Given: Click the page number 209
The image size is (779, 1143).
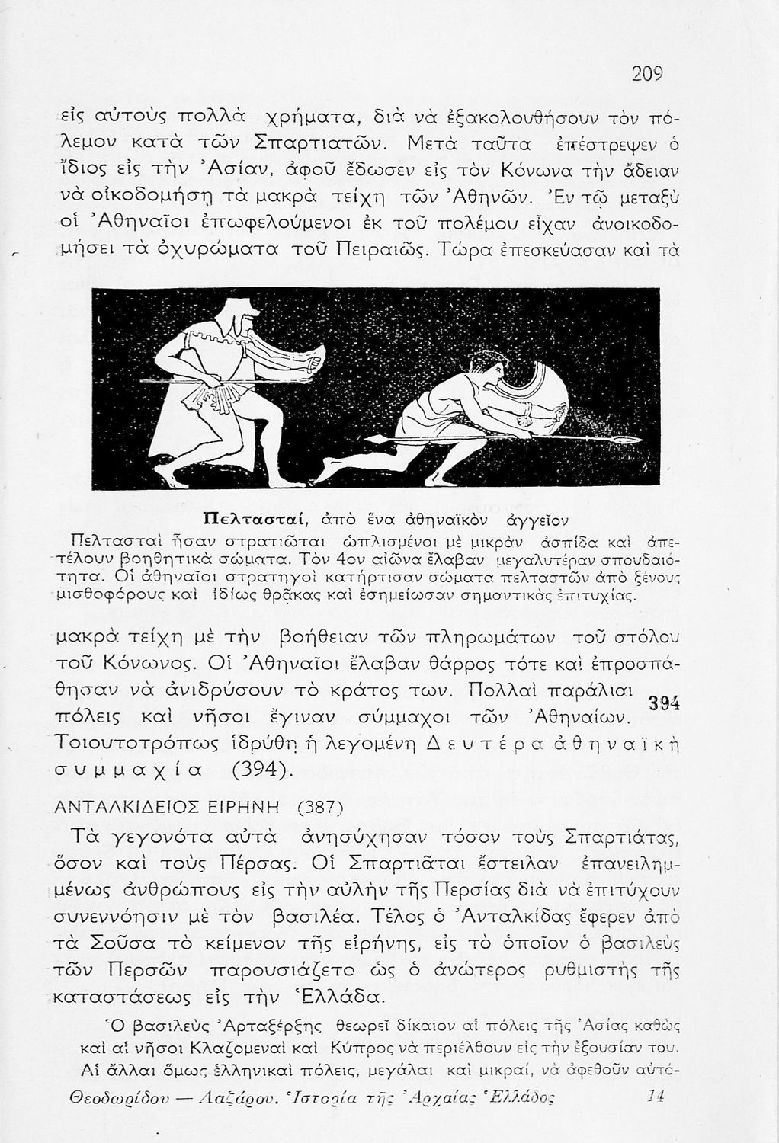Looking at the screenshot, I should tap(648, 74).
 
